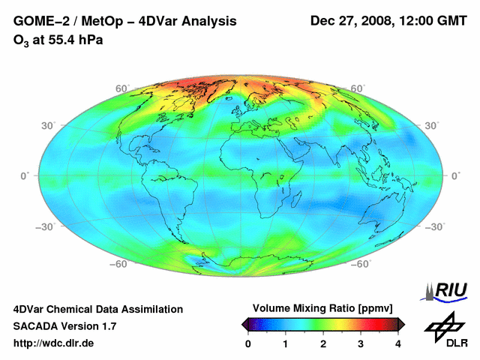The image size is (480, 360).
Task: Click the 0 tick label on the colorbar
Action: (x=248, y=343)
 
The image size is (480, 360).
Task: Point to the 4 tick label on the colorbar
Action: (x=398, y=343)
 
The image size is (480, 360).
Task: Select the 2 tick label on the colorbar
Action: (x=323, y=343)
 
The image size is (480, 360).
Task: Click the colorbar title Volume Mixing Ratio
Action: (x=322, y=308)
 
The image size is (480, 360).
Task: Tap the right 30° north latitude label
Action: (x=433, y=125)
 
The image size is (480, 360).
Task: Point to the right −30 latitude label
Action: (x=436, y=226)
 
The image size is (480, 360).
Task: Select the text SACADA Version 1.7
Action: (x=64, y=326)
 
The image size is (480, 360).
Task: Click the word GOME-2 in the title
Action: (x=37, y=21)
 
